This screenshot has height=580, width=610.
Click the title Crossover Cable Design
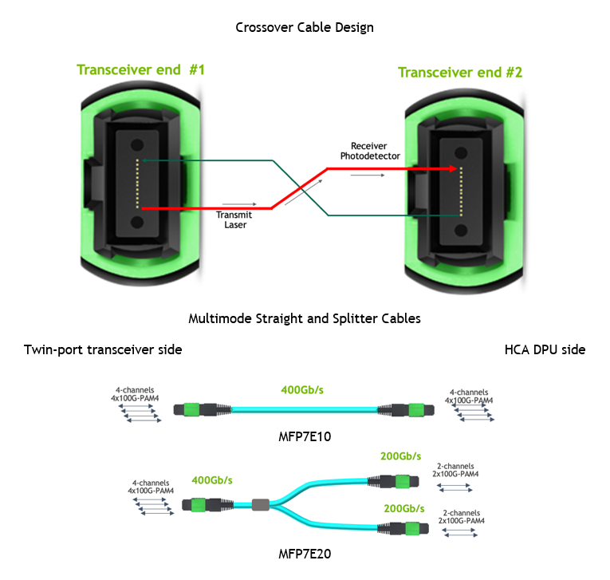pos(305,27)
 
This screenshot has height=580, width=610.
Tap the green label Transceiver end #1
pos(140,70)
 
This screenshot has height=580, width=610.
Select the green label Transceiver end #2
pos(460,73)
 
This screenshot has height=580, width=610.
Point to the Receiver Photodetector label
pos(370,151)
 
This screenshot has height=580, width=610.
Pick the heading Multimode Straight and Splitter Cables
pos(305,318)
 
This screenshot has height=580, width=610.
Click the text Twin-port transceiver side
pos(103,349)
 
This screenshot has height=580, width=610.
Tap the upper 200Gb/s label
pos(401,456)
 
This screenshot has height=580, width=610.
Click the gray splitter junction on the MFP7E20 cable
pos(260,504)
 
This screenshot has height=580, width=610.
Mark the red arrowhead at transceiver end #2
pos(453,169)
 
